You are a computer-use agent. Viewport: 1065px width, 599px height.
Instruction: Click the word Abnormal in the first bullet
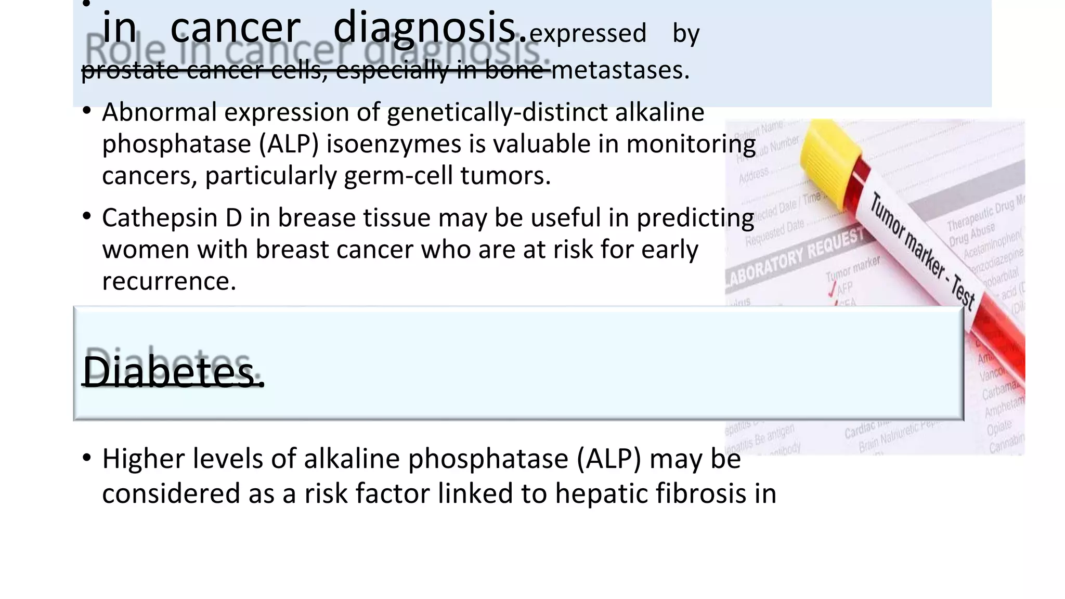pyautogui.click(x=159, y=112)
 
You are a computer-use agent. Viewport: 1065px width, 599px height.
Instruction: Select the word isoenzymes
pyautogui.click(x=394, y=144)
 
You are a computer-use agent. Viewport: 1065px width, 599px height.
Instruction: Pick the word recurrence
pyautogui.click(x=169, y=281)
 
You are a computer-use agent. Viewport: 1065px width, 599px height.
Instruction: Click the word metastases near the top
pyautogui.click(x=620, y=70)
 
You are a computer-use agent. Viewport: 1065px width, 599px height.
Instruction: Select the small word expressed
pyautogui.click(x=588, y=33)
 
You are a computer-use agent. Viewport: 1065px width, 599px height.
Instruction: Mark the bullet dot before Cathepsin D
pyautogui.click(x=87, y=215)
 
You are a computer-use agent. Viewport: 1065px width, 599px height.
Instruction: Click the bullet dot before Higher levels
pyautogui.click(x=87, y=457)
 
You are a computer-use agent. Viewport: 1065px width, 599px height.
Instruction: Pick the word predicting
pyautogui.click(x=695, y=218)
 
